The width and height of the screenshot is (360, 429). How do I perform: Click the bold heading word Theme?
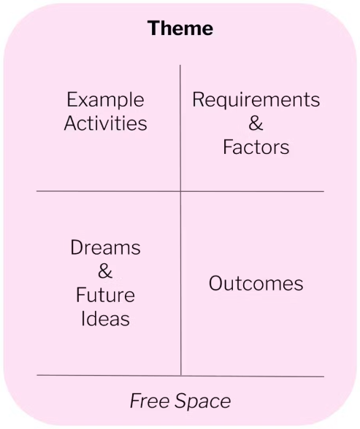click(180, 28)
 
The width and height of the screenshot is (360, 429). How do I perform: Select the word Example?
click(105, 101)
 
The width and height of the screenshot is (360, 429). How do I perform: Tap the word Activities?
click(105, 123)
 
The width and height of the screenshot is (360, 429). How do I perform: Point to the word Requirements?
click(256, 101)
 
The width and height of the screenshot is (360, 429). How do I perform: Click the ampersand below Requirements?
click(256, 123)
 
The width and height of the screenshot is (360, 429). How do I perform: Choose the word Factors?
click(256, 147)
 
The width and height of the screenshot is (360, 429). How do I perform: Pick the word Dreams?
click(105, 247)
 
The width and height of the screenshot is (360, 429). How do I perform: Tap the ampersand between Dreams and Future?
click(105, 271)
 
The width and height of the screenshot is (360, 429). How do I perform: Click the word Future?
click(105, 295)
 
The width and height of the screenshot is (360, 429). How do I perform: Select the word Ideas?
click(105, 318)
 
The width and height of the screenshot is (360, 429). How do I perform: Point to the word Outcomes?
click(256, 283)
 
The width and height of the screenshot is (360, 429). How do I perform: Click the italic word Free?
click(150, 401)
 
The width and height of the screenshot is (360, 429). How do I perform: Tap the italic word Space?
click(203, 401)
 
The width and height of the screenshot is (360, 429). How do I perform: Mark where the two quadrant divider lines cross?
click(180, 191)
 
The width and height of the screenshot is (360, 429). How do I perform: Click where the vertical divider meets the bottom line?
click(180, 376)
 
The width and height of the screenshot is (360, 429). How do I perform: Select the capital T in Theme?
click(154, 28)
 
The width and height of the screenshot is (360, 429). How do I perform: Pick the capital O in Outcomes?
click(216, 283)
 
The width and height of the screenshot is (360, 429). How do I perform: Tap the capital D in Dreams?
click(77, 247)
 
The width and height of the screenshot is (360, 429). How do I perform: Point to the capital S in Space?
click(181, 401)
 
